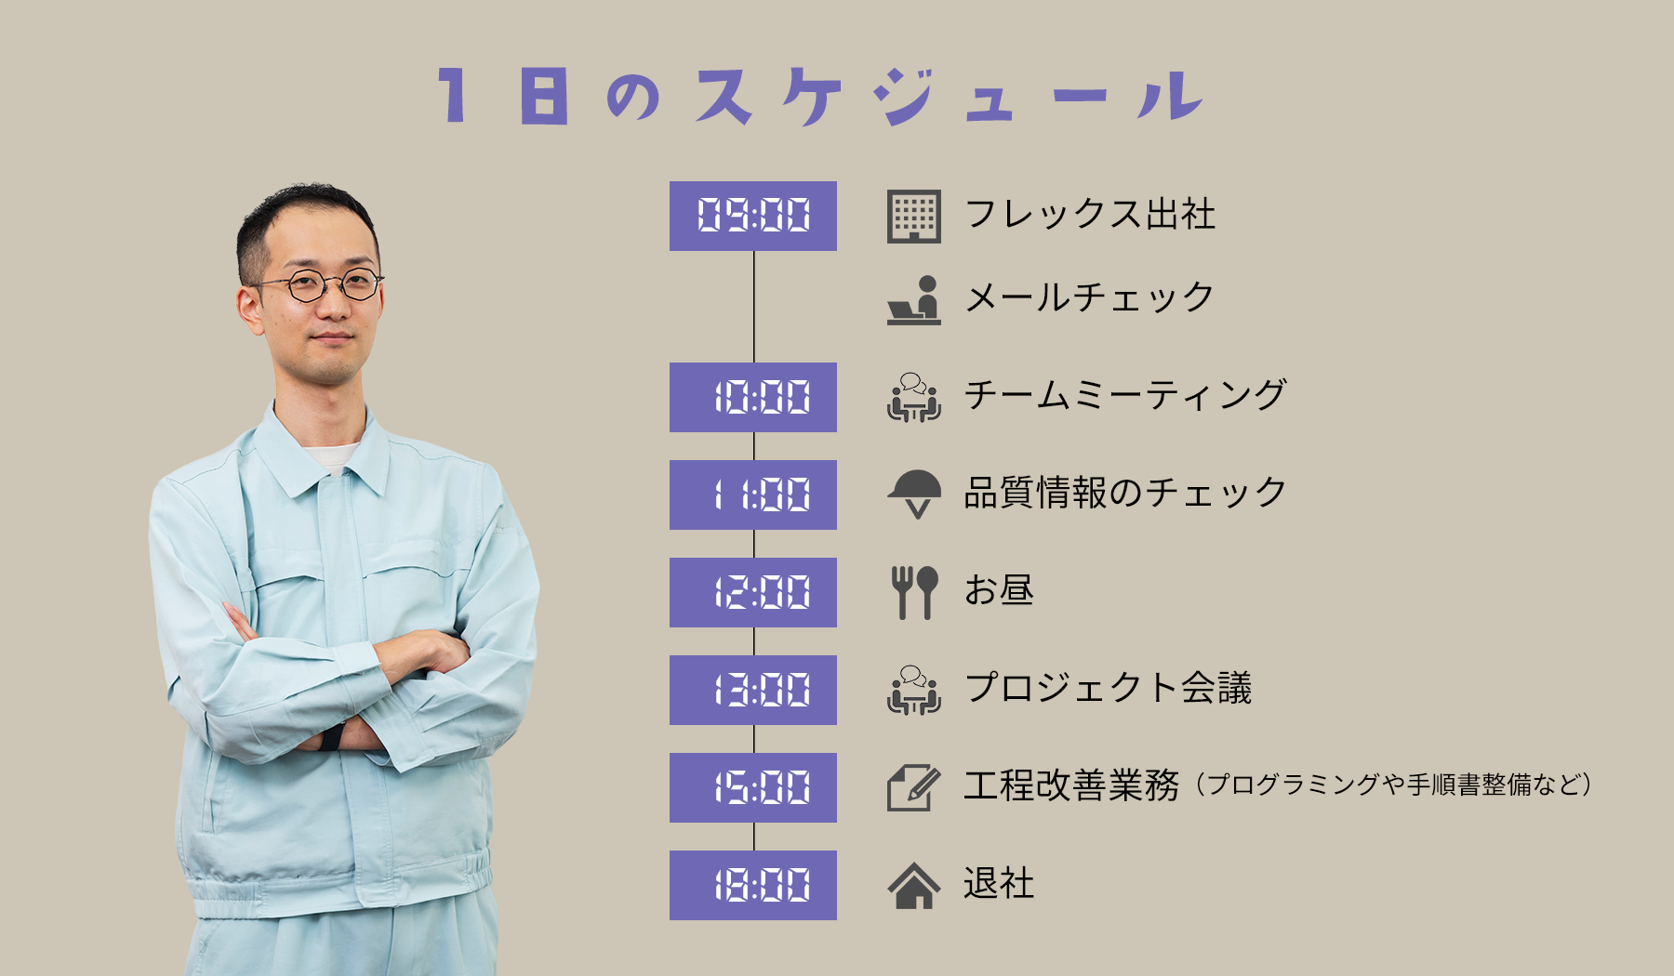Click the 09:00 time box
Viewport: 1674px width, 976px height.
click(x=753, y=216)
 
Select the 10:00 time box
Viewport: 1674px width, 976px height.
click(x=753, y=397)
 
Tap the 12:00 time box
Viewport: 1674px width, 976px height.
click(x=753, y=592)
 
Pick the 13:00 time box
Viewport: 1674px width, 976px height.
click(x=753, y=690)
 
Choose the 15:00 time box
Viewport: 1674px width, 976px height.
click(x=753, y=787)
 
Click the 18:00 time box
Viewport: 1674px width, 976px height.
click(x=753, y=885)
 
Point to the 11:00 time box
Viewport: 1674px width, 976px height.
click(x=753, y=495)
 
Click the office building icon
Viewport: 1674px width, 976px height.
click(x=913, y=217)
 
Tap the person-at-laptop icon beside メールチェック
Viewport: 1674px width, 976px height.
click(x=913, y=300)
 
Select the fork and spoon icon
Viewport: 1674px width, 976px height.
click(x=913, y=593)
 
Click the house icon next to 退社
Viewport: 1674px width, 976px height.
click(x=913, y=885)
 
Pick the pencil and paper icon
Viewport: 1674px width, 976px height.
click(x=913, y=788)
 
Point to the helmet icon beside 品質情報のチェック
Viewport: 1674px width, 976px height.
click(x=913, y=494)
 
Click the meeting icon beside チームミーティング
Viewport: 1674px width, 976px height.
click(x=913, y=398)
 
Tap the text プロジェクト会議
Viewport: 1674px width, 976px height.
click(x=1108, y=688)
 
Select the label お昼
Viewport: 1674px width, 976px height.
click(x=999, y=590)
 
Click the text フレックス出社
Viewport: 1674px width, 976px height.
click(x=1090, y=214)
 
